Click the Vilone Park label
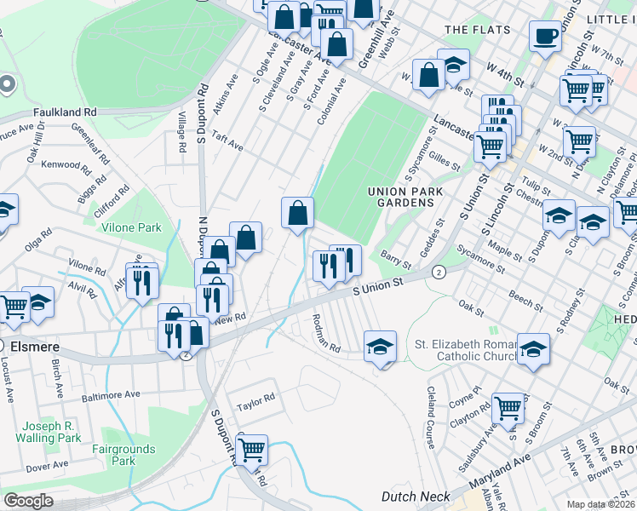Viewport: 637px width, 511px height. pyautogui.click(x=131, y=228)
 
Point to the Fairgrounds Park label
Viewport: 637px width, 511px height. pyautogui.click(x=123, y=455)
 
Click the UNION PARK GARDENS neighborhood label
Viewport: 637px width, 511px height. pyautogui.click(x=405, y=198)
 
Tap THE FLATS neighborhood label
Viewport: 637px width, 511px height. pyautogui.click(x=477, y=30)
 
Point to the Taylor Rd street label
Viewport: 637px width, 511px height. pyautogui.click(x=256, y=398)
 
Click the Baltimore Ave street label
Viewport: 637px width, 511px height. pyautogui.click(x=111, y=396)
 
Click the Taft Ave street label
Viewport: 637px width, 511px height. pyautogui.click(x=227, y=141)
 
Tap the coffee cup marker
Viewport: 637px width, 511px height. pyautogui.click(x=545, y=36)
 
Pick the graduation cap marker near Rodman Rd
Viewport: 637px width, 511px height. pyautogui.click(x=381, y=345)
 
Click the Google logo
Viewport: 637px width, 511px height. pyautogui.click(x=28, y=501)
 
